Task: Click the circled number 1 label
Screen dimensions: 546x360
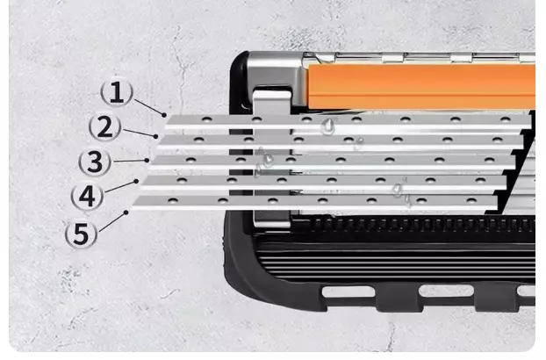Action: (x=117, y=92)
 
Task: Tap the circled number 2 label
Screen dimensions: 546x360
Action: (x=104, y=127)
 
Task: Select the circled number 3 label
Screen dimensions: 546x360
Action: (x=95, y=162)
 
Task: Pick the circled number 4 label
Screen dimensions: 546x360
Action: (x=87, y=197)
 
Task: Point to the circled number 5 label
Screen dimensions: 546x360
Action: (x=81, y=234)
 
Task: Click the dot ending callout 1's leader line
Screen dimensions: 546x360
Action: (x=164, y=114)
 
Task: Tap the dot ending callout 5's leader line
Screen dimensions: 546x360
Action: (x=126, y=212)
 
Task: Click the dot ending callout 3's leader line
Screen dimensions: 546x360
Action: (x=147, y=160)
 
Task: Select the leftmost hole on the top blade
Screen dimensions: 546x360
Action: (x=207, y=119)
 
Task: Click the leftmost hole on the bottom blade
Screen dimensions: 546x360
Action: (x=173, y=200)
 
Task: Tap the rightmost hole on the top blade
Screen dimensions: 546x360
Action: (x=506, y=119)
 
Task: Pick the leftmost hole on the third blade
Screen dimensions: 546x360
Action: (x=190, y=160)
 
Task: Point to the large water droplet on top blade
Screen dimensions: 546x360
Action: (x=328, y=126)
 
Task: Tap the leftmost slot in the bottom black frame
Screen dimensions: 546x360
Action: (x=348, y=292)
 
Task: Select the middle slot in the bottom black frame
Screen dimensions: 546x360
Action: (x=447, y=291)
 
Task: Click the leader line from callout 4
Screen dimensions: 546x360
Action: (x=120, y=186)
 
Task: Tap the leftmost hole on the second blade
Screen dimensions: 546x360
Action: (x=199, y=140)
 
